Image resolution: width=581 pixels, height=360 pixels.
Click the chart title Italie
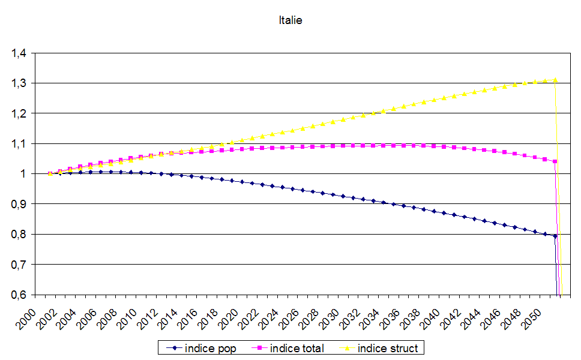coord(290,20)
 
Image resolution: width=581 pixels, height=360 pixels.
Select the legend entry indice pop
coord(211,348)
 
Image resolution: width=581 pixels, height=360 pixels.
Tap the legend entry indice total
coord(297,348)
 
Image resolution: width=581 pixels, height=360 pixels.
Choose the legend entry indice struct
coord(387,348)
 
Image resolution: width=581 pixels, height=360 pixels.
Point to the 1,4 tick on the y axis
coord(19,53)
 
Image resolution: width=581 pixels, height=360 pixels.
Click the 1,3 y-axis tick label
coord(19,83)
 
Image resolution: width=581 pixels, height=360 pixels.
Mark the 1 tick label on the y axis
coord(25,174)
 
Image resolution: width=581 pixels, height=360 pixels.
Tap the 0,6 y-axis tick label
coord(19,295)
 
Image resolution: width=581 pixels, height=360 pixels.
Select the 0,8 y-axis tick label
coord(19,235)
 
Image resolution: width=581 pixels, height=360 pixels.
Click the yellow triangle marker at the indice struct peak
coord(555,80)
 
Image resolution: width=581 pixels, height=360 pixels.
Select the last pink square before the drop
coord(555,161)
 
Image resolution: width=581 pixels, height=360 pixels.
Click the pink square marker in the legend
coord(260,348)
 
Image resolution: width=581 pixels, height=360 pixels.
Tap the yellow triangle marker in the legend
coord(348,348)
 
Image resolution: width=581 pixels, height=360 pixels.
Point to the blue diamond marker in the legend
coord(173,348)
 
